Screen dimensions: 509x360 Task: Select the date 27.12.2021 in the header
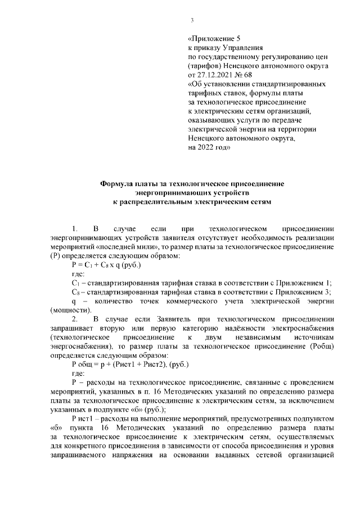pos(211,74)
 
